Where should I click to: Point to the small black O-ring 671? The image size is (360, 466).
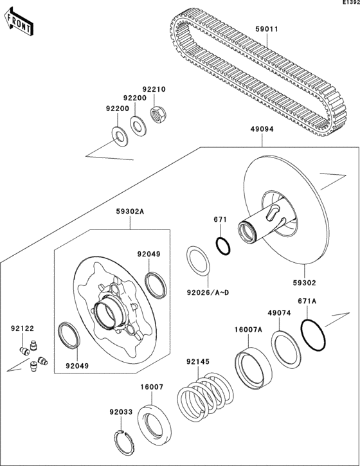[x=221, y=246]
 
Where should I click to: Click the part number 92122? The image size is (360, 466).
[x=22, y=328]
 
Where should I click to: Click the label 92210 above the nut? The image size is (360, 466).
[x=154, y=89]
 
